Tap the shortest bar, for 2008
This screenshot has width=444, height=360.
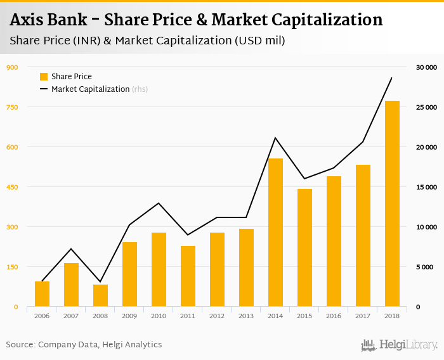coord(100,295)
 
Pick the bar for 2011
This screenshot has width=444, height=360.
coord(188,276)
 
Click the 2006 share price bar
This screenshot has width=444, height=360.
coord(42,294)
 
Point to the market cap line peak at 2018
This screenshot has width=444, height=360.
coord(392,78)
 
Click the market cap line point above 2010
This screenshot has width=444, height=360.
coord(159,203)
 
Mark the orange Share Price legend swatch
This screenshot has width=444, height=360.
coord(44,77)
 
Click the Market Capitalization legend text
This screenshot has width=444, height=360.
coord(91,89)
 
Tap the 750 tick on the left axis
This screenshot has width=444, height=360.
coord(12,107)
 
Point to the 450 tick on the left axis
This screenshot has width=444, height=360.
coord(12,187)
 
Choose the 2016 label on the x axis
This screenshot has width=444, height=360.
coord(334,316)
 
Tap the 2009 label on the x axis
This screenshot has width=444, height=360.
coord(129,316)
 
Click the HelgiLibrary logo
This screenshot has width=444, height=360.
coord(399,345)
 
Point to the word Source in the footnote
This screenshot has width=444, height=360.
coord(20,345)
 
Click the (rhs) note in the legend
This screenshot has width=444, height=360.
coord(140,89)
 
